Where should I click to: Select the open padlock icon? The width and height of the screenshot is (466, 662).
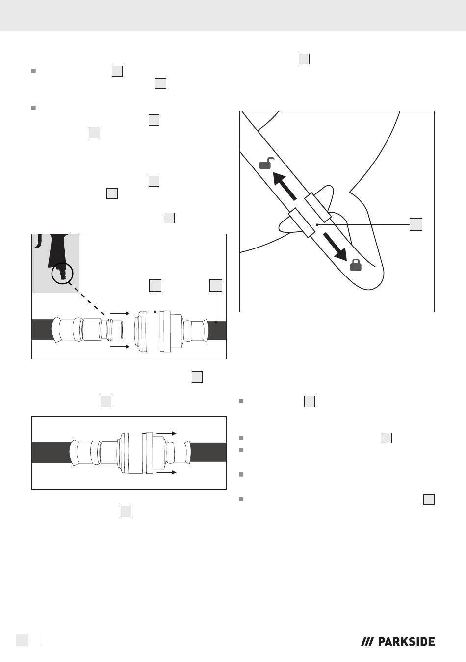(266, 164)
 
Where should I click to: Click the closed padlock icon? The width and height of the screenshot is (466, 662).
(356, 265)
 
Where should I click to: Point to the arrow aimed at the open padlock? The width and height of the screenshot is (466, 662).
(284, 186)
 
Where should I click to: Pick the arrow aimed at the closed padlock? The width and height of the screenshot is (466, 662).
(335, 247)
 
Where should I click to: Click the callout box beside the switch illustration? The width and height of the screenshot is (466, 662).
(416, 224)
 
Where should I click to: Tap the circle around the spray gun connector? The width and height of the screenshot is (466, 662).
(62, 274)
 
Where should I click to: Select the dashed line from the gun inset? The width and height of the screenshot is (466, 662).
(86, 299)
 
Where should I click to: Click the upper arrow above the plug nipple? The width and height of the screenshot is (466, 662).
(120, 313)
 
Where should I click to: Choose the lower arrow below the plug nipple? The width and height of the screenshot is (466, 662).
(120, 346)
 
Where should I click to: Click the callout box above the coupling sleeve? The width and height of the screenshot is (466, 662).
(155, 285)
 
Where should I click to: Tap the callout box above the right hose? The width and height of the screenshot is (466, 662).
(216, 285)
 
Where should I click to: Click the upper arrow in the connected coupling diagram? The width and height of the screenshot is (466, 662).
(166, 433)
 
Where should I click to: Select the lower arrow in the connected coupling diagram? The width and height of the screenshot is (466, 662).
(166, 472)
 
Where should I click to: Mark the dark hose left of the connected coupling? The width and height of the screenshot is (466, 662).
(51, 452)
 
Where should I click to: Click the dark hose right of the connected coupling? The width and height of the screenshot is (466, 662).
(208, 452)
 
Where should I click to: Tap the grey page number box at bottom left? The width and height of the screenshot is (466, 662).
(22, 640)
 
